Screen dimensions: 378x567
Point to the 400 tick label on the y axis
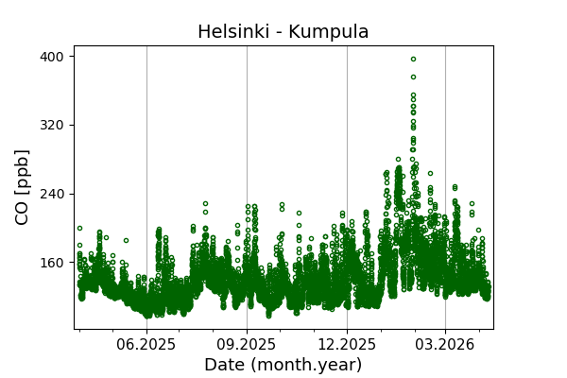(x=51, y=57)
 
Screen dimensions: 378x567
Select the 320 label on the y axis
(x=51, y=125)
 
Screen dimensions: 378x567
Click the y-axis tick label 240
(x=51, y=194)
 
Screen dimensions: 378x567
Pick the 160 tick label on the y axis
(x=51, y=263)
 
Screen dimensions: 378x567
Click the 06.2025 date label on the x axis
(x=146, y=345)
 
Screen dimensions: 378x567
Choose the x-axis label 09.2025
(x=247, y=345)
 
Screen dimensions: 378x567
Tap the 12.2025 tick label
(x=347, y=345)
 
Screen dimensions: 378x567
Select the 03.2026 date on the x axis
(x=445, y=345)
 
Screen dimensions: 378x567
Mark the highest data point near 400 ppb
(x=413, y=59)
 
